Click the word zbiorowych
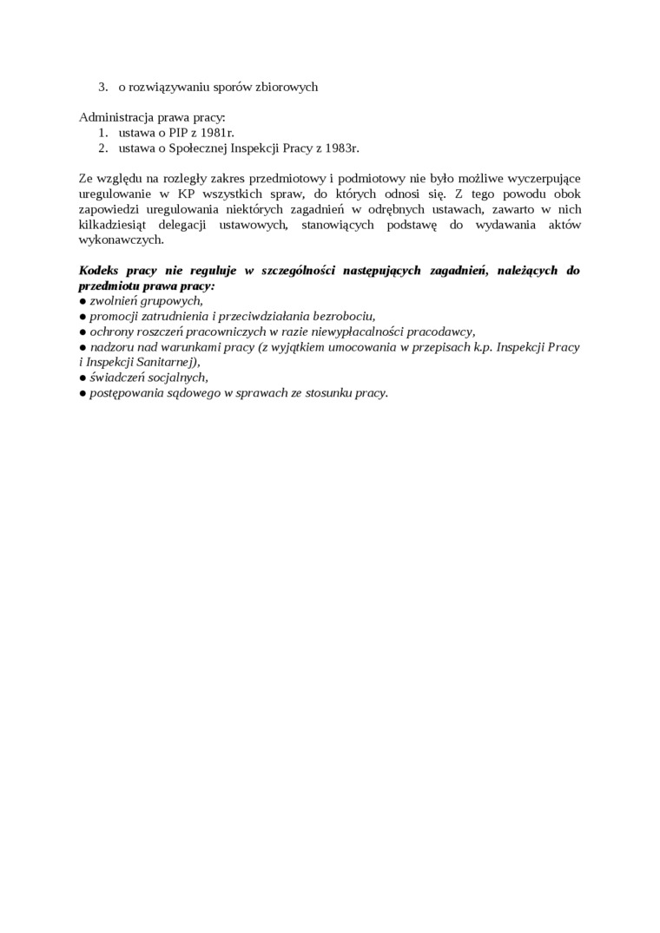[x=287, y=87]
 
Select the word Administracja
[x=115, y=117]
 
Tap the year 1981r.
[x=215, y=133]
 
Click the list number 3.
[x=102, y=87]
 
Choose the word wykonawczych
[x=121, y=240]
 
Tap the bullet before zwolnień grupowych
[x=82, y=301]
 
